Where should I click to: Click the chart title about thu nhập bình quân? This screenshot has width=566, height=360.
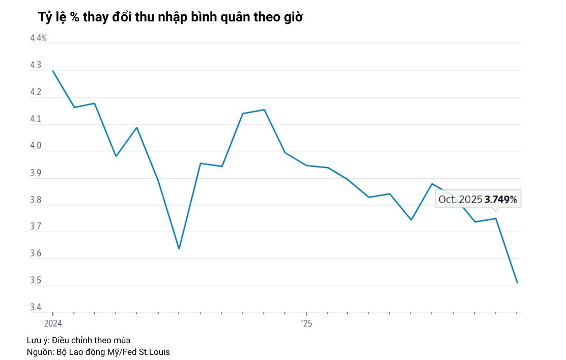[x=171, y=17]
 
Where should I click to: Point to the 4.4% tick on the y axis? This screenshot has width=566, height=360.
[x=38, y=38]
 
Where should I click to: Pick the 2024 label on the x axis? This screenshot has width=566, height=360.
[x=53, y=323]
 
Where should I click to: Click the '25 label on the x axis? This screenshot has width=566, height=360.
[x=306, y=323]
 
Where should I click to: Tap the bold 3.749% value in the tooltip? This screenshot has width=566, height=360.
[x=500, y=200]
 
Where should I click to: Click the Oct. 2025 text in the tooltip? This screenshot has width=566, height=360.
[x=460, y=200]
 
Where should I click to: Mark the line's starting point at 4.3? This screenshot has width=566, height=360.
[x=53, y=71]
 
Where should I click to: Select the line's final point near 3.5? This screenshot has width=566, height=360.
[x=517, y=283]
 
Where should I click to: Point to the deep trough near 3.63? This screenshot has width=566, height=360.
[x=179, y=248]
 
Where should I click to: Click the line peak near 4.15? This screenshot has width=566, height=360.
[x=264, y=109]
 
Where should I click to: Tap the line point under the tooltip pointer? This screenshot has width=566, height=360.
[x=496, y=218]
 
